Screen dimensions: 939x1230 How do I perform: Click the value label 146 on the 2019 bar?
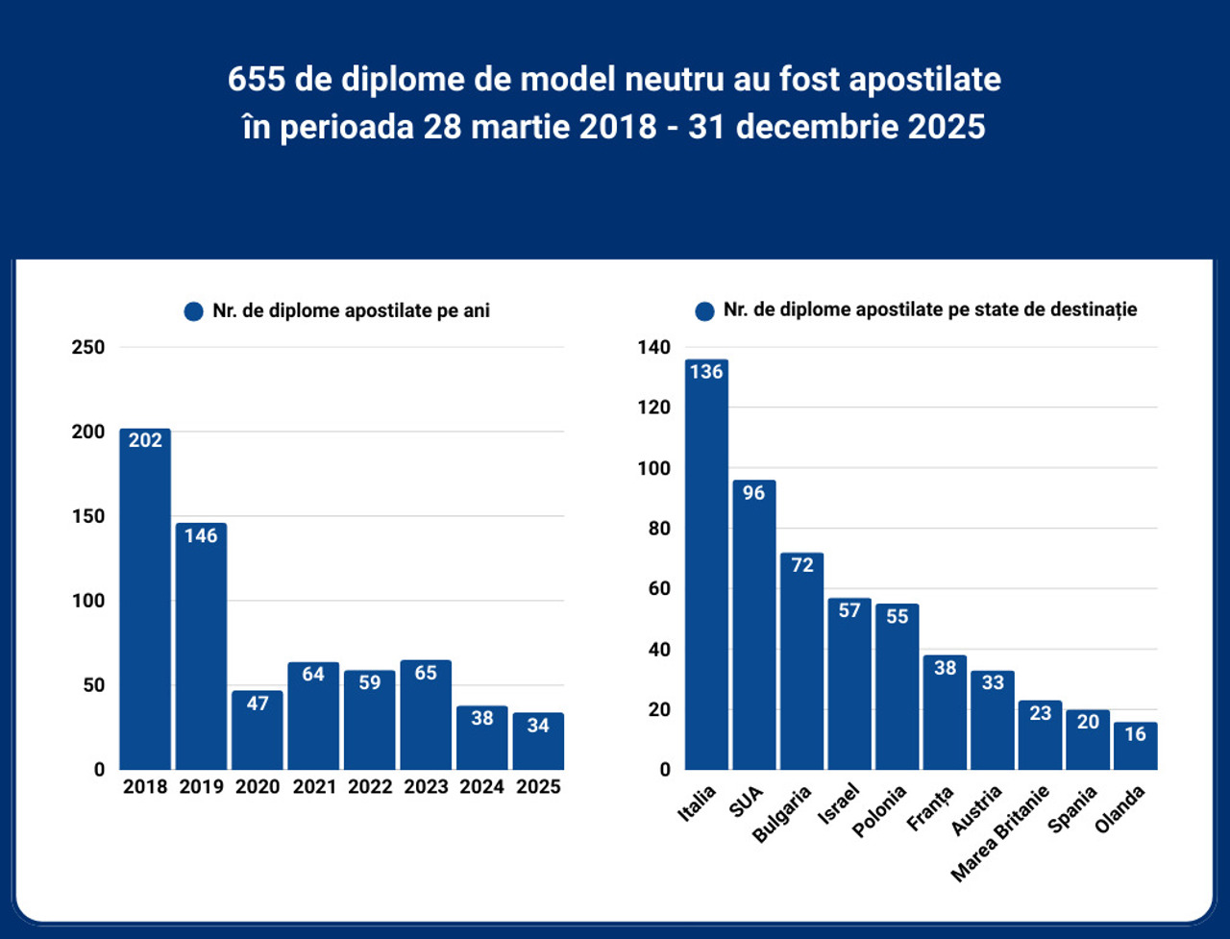[201, 536]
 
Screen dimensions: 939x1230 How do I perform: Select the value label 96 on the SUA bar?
[753, 493]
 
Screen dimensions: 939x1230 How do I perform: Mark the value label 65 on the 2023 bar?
[426, 673]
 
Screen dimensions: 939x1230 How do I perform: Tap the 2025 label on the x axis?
[538, 787]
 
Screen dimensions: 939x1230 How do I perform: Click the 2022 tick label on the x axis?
[370, 787]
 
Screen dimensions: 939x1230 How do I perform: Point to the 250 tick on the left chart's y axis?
[88, 347]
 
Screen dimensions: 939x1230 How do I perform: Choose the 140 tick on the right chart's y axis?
[654, 347]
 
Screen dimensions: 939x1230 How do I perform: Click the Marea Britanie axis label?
[1000, 833]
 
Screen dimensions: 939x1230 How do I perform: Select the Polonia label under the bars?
[879, 812]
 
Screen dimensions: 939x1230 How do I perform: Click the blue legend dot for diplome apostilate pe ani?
[193, 311]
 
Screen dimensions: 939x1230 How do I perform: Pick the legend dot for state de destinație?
[704, 311]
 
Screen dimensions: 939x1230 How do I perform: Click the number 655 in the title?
[257, 79]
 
